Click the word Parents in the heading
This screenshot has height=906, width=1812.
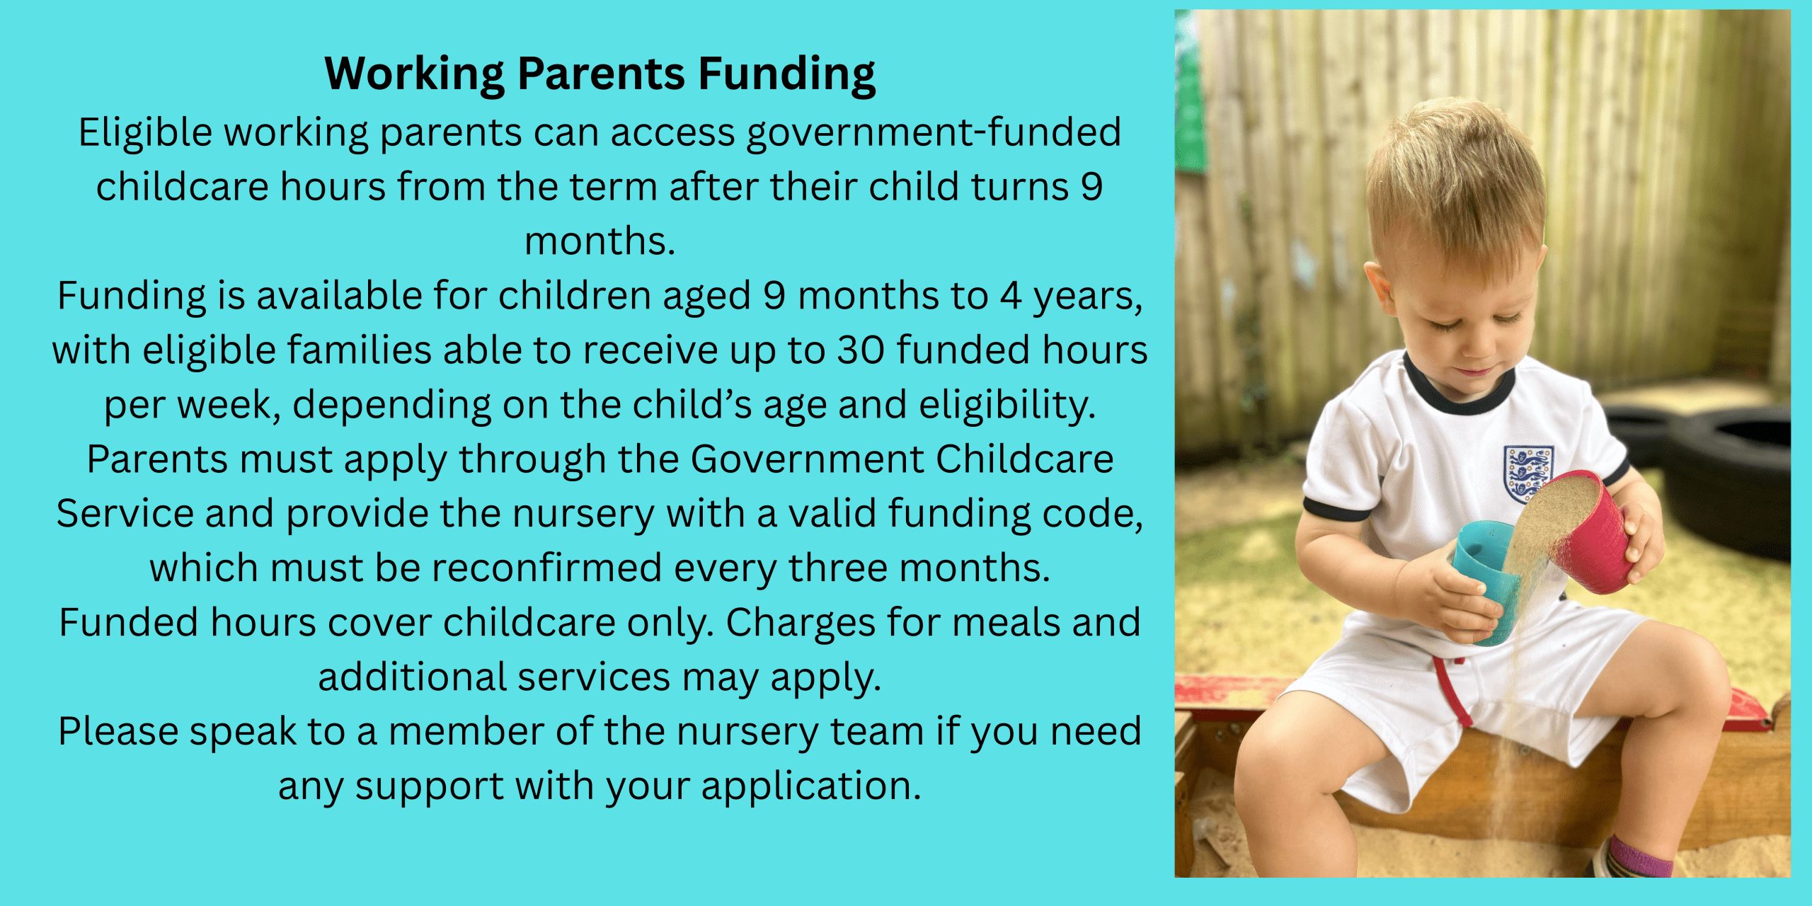pyautogui.click(x=602, y=73)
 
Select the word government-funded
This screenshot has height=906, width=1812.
pyautogui.click(x=934, y=133)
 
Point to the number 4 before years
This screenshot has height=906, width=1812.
pyautogui.click(x=1010, y=296)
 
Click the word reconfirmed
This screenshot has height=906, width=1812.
pyautogui.click(x=546, y=568)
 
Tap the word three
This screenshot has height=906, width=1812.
pyautogui.click(x=838, y=568)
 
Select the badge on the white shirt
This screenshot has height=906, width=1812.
pyautogui.click(x=1528, y=473)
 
